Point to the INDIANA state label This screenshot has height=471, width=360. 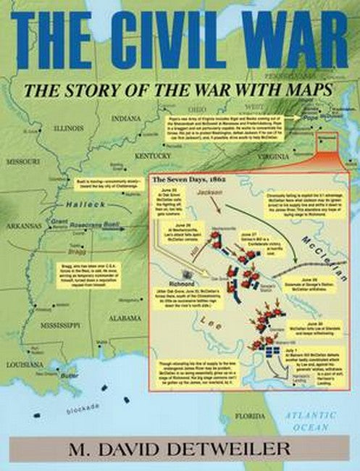127,117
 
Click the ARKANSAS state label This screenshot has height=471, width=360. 23,225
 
